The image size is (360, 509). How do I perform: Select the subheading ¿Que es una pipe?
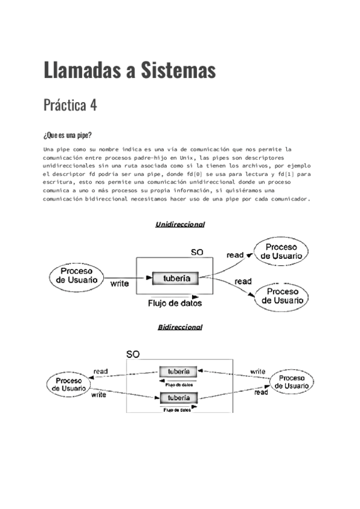(67, 135)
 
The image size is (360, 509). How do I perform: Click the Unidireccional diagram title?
(180, 224)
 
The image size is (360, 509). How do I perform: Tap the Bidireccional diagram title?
(180, 327)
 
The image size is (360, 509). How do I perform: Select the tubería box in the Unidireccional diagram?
(175, 278)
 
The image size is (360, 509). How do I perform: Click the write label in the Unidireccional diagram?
(119, 284)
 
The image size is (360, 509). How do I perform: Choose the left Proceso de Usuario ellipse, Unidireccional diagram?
(76, 276)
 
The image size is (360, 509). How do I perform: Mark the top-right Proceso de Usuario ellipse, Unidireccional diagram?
(281, 251)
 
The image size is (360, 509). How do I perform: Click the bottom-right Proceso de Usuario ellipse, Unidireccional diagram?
(282, 296)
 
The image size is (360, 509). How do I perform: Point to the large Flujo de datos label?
(175, 303)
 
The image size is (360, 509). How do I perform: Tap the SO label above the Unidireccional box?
(197, 253)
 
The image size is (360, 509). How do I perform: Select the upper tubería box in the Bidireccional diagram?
(179, 371)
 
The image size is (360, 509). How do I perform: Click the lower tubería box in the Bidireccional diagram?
(179, 398)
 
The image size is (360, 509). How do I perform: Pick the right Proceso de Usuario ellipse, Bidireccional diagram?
(292, 382)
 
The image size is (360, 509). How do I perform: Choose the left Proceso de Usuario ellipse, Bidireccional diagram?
(68, 385)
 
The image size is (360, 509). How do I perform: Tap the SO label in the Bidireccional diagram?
(133, 354)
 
